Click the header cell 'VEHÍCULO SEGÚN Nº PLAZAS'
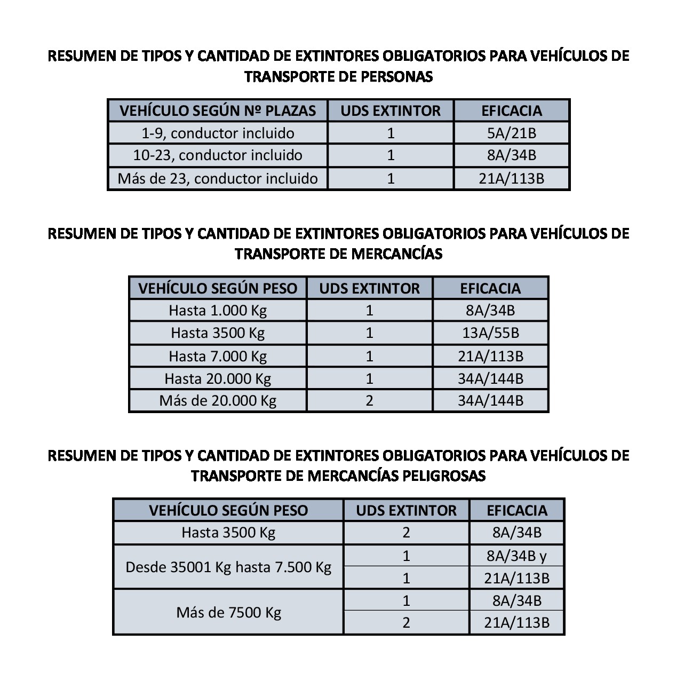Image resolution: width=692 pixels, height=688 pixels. point(218,110)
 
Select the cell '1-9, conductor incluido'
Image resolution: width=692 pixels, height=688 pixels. point(218,133)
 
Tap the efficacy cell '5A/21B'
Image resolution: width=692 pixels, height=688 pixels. point(511,133)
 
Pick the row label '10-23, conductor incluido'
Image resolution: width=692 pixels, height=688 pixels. point(218,155)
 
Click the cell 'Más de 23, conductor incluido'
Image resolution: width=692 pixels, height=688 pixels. point(218,178)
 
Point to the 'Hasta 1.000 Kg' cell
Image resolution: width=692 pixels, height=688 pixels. point(218,310)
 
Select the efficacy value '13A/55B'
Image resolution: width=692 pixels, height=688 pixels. point(490,333)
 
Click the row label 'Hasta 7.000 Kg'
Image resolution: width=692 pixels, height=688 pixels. point(218,356)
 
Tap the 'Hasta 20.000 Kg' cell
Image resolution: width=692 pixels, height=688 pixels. point(218,378)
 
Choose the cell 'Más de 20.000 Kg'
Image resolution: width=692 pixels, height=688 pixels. point(218,401)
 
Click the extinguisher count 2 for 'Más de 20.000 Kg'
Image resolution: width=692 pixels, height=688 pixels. point(369,401)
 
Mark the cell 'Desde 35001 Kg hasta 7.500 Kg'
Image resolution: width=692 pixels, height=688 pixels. point(228,567)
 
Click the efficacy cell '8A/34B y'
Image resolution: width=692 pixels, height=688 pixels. point(516,556)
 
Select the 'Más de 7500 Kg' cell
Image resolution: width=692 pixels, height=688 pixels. point(228,612)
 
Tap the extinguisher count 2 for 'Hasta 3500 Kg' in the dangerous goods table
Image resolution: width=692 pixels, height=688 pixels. point(406,532)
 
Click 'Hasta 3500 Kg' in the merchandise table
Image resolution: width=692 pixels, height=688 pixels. point(218,333)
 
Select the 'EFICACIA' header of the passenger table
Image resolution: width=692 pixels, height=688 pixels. point(511,110)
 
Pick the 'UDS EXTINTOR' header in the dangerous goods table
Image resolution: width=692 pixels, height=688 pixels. point(406,510)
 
